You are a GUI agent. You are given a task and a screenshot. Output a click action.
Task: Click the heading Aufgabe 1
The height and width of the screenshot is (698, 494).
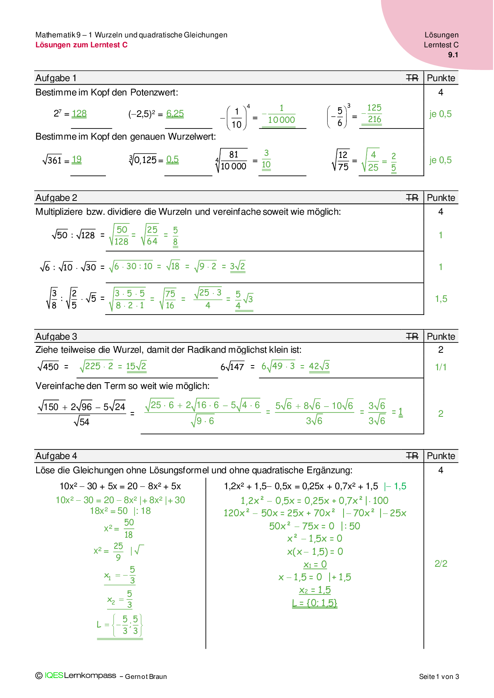coord(56,78)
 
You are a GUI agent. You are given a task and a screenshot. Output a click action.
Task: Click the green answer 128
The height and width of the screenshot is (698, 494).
coord(79,114)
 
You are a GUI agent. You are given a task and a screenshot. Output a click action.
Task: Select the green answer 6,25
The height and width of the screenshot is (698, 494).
coord(175,114)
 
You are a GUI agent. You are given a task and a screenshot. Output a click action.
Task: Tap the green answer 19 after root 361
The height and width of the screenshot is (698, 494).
coord(76,160)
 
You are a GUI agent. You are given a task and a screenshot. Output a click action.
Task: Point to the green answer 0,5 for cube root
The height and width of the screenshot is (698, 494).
coord(172,160)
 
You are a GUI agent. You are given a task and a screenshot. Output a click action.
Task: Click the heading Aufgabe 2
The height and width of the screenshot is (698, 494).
coord(56,198)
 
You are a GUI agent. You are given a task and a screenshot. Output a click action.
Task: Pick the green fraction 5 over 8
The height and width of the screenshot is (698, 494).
coord(175,236)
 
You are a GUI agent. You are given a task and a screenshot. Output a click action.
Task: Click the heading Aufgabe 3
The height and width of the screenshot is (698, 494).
coord(56,336)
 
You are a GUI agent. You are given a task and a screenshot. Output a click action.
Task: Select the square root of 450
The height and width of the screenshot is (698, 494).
coord(48,366)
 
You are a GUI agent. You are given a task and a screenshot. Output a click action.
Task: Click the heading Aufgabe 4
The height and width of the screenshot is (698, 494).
coord(56,456)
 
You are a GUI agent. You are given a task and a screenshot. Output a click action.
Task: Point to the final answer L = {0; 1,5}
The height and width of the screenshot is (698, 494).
coord(314,603)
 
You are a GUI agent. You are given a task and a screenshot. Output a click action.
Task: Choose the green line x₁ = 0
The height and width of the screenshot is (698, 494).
coord(315,564)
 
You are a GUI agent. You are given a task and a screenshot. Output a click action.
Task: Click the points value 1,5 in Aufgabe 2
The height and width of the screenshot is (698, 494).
coord(441,299)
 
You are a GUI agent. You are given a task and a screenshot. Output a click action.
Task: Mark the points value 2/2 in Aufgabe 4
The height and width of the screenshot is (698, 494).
coord(441,564)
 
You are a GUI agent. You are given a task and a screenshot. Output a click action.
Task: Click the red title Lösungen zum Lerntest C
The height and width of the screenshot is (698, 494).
coord(81,45)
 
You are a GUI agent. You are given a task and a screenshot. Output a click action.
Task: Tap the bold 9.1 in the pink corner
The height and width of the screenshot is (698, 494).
coord(453,55)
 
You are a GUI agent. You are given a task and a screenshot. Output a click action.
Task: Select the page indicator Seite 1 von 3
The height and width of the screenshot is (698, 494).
coord(439,677)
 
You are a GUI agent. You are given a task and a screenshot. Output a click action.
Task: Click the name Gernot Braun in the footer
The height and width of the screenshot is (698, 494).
coord(146,677)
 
